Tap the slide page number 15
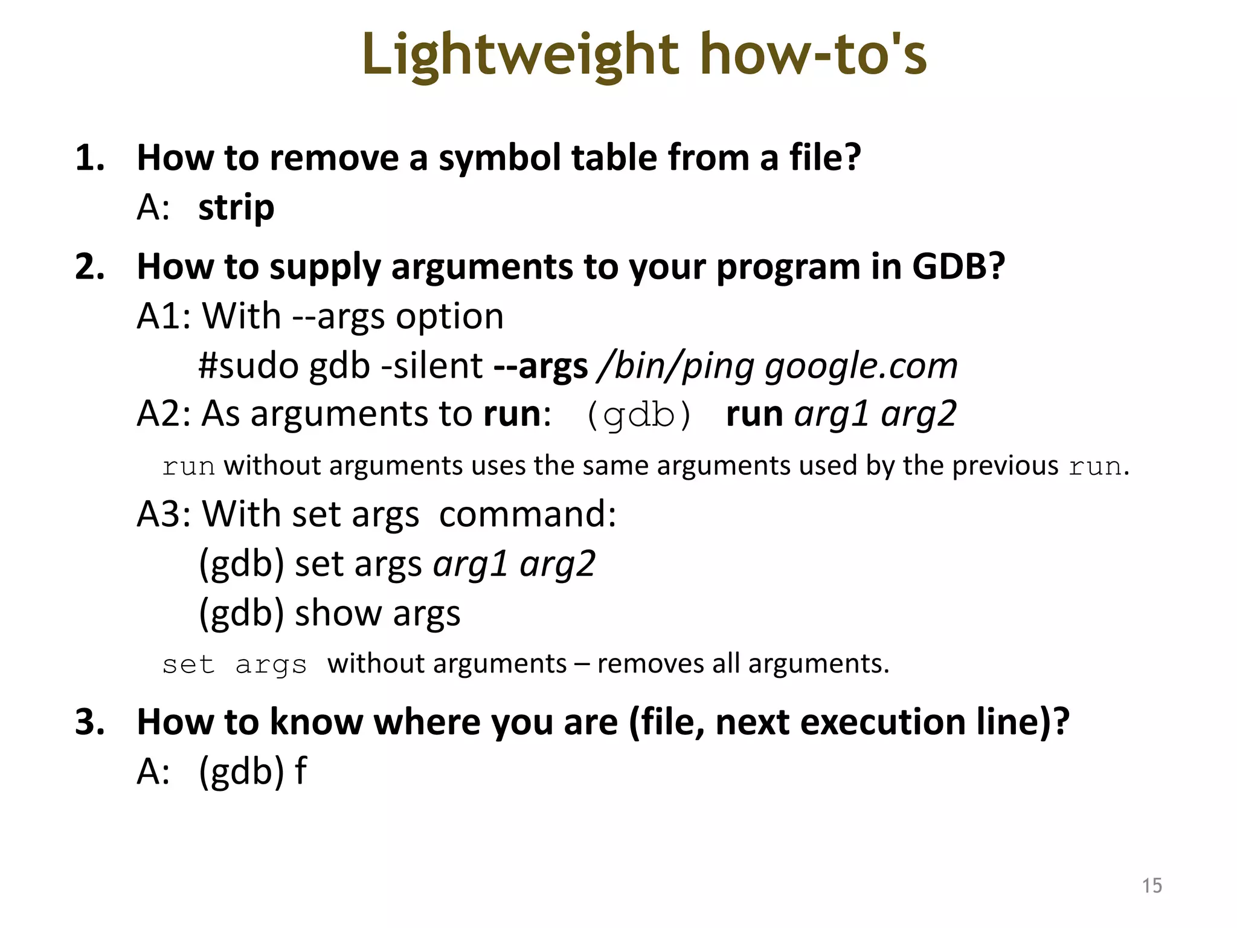point(1152,886)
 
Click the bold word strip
point(236,208)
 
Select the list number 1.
point(89,158)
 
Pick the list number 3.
point(89,722)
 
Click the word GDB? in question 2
point(958,266)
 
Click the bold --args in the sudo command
point(541,366)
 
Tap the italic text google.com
point(861,366)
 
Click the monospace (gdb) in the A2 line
point(639,416)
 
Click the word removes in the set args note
point(651,664)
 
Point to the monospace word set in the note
point(188,665)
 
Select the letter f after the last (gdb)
point(301,772)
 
